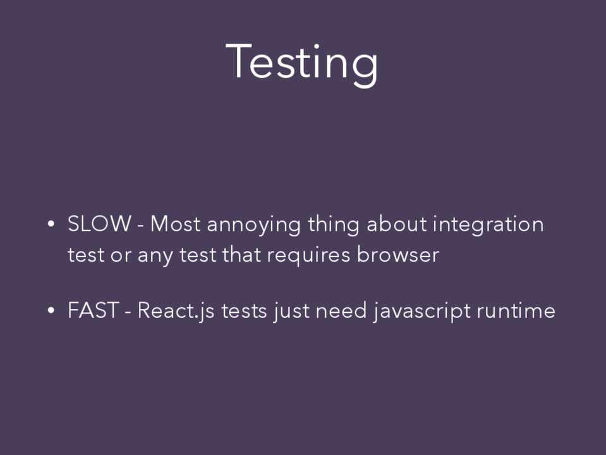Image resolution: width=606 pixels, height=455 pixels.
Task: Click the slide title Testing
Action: pyautogui.click(x=302, y=64)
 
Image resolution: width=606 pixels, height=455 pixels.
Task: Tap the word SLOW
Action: pyautogui.click(x=99, y=224)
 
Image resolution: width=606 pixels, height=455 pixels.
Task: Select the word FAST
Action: pyautogui.click(x=93, y=310)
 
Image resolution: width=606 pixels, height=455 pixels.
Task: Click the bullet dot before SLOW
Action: pyautogui.click(x=51, y=224)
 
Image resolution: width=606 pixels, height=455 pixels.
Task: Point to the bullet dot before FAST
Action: pyautogui.click(x=51, y=310)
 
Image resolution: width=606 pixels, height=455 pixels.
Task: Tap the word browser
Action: pyautogui.click(x=397, y=255)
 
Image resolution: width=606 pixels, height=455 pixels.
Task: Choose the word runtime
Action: pyautogui.click(x=516, y=310)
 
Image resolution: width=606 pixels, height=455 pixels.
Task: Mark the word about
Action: pyautogui.click(x=397, y=224)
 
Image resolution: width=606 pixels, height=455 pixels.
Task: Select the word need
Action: pyautogui.click(x=341, y=310)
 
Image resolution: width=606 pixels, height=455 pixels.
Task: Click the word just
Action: pyautogui.click(x=292, y=312)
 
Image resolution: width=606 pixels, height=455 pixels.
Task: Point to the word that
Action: pyautogui.click(x=241, y=255)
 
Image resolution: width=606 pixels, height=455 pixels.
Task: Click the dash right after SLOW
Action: pyautogui.click(x=141, y=226)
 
